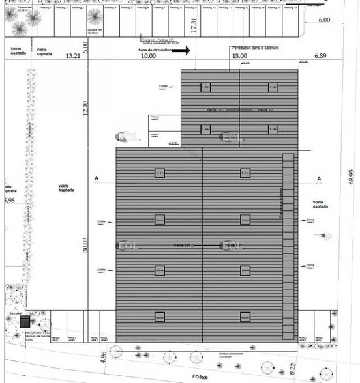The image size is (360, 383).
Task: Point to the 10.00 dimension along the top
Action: click(149, 57)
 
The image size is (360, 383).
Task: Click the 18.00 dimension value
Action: click(239, 57)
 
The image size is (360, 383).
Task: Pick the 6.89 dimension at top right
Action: click(321, 57)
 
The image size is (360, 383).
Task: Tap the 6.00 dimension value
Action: click(323, 20)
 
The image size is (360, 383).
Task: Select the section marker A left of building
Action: click(96, 178)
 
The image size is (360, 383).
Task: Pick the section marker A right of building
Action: click(320, 178)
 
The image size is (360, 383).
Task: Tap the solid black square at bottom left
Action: click(25, 321)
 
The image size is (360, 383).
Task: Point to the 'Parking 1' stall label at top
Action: click(45, 8)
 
